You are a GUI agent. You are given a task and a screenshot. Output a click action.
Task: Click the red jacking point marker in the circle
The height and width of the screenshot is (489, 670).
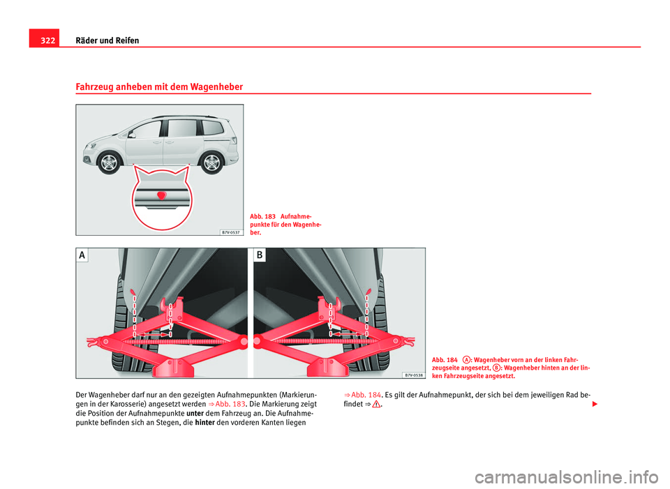coord(161,196)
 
